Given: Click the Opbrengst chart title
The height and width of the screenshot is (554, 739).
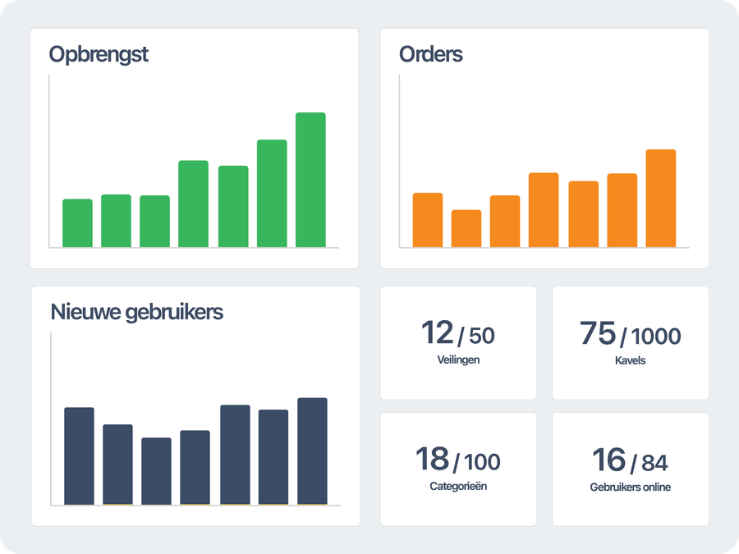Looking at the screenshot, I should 99,55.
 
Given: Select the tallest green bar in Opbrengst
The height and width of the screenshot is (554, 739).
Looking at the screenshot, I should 310,180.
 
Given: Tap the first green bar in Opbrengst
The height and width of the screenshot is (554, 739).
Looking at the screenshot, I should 77,222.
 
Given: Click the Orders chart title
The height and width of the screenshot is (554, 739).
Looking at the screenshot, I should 431,55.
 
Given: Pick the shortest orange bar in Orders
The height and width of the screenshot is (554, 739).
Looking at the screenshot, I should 466,228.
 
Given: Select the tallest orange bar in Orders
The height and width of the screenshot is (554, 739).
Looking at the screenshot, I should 660,198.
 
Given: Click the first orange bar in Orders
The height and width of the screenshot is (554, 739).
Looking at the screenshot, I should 428,220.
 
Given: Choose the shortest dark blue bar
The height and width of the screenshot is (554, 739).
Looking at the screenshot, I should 156,471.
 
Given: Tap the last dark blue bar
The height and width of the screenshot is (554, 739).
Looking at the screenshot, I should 312,451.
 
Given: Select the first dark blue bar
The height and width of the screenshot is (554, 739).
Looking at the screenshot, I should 79,456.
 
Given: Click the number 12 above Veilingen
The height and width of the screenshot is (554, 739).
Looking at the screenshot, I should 437,333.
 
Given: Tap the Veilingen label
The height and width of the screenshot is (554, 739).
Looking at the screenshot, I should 459,359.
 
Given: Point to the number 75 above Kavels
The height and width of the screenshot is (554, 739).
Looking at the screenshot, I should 597,333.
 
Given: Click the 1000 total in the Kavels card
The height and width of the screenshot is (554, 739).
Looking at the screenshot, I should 657,336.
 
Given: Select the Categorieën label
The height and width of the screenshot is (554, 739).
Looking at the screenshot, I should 458,486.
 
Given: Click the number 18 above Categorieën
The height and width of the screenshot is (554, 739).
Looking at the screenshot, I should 432,460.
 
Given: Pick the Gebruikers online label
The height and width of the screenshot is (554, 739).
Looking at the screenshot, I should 630,488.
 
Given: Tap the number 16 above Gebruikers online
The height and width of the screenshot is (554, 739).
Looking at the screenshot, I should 608,460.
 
